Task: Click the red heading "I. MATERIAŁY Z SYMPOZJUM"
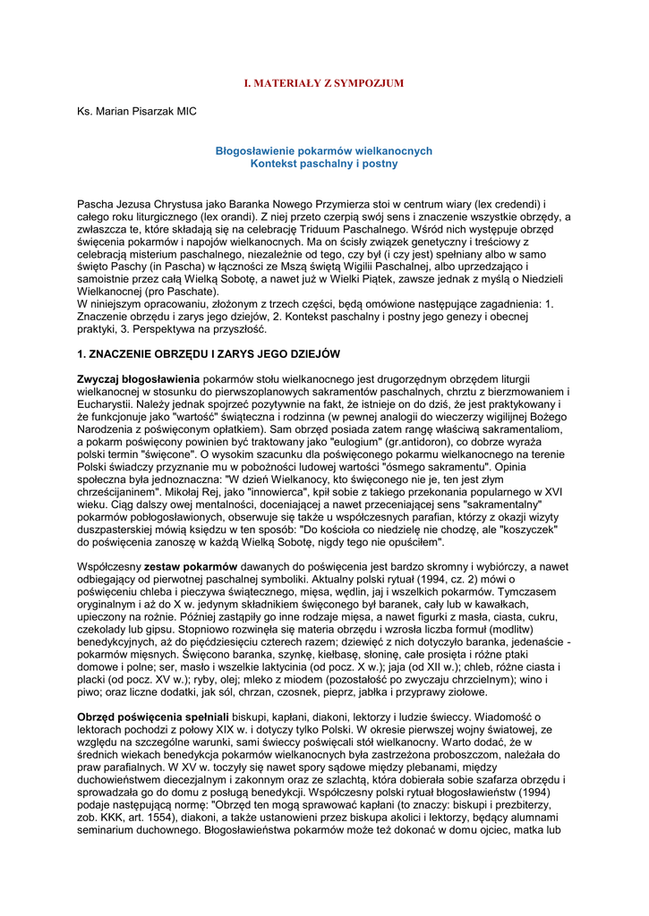click(x=324, y=83)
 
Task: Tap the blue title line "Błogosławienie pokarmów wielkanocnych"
click(x=324, y=151)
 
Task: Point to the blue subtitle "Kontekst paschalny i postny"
click(x=324, y=164)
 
